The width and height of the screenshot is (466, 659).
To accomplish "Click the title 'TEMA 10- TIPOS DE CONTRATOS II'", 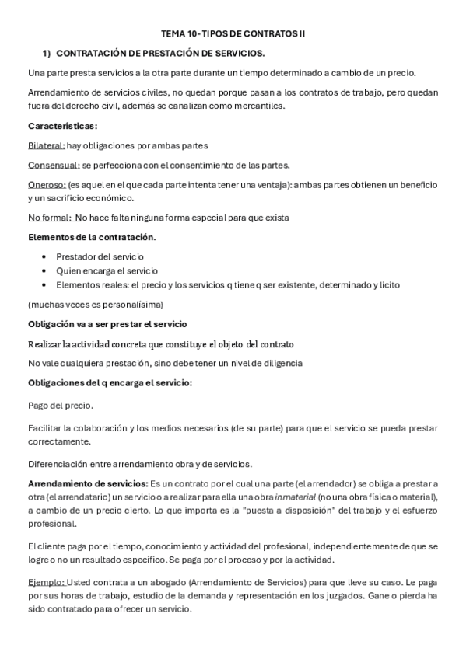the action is (x=233, y=35).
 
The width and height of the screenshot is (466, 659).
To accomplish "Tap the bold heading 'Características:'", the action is (x=62, y=126).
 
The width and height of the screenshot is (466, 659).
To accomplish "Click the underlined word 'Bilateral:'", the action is (x=46, y=145).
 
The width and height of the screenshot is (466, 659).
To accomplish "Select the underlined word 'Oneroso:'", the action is (x=47, y=185).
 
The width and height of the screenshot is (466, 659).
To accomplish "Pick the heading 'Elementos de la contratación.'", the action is (x=92, y=237).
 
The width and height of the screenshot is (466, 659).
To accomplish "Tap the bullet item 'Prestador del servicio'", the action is (x=100, y=256).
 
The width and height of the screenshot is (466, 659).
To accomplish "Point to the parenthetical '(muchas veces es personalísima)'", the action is (x=96, y=304).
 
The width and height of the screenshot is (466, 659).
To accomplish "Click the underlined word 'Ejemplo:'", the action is (x=47, y=582).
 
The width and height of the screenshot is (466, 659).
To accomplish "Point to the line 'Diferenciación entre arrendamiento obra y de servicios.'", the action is (x=139, y=465).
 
